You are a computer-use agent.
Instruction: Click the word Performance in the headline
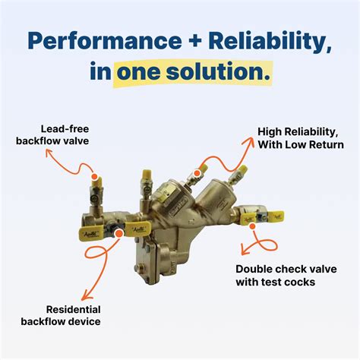[104, 40]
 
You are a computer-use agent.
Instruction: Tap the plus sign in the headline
[194, 41]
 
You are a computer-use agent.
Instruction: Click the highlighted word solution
[218, 72]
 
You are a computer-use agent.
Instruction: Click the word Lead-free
[65, 129]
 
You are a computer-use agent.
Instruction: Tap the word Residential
[74, 309]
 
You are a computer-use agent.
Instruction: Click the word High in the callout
[269, 132]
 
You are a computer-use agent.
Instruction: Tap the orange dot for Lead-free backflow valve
[95, 176]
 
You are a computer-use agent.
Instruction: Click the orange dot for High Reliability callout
[197, 173]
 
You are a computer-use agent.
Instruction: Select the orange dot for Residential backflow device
[118, 233]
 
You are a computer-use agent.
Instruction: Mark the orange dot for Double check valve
[252, 226]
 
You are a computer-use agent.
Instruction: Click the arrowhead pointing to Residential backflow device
[86, 295]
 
